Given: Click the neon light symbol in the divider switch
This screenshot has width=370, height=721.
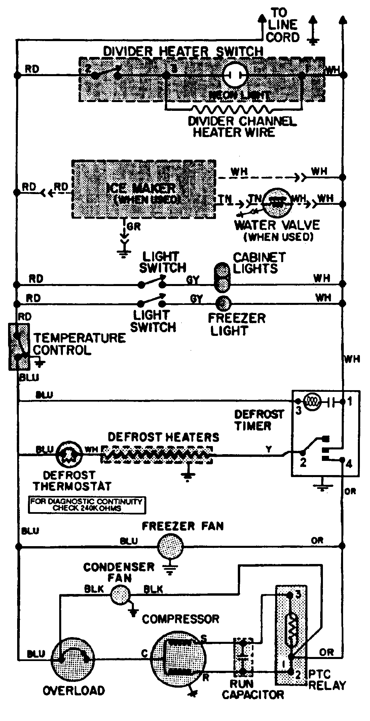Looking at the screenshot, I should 235,75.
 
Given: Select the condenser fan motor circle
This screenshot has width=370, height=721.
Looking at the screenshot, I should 120,596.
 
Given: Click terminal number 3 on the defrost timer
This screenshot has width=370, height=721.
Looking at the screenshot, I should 298,410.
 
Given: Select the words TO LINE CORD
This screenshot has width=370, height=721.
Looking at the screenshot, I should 283,25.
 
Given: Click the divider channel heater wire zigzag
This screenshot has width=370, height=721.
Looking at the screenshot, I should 232,109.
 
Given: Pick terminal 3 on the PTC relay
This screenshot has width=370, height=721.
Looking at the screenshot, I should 298,595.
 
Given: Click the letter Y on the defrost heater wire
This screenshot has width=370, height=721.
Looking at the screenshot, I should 269,449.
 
